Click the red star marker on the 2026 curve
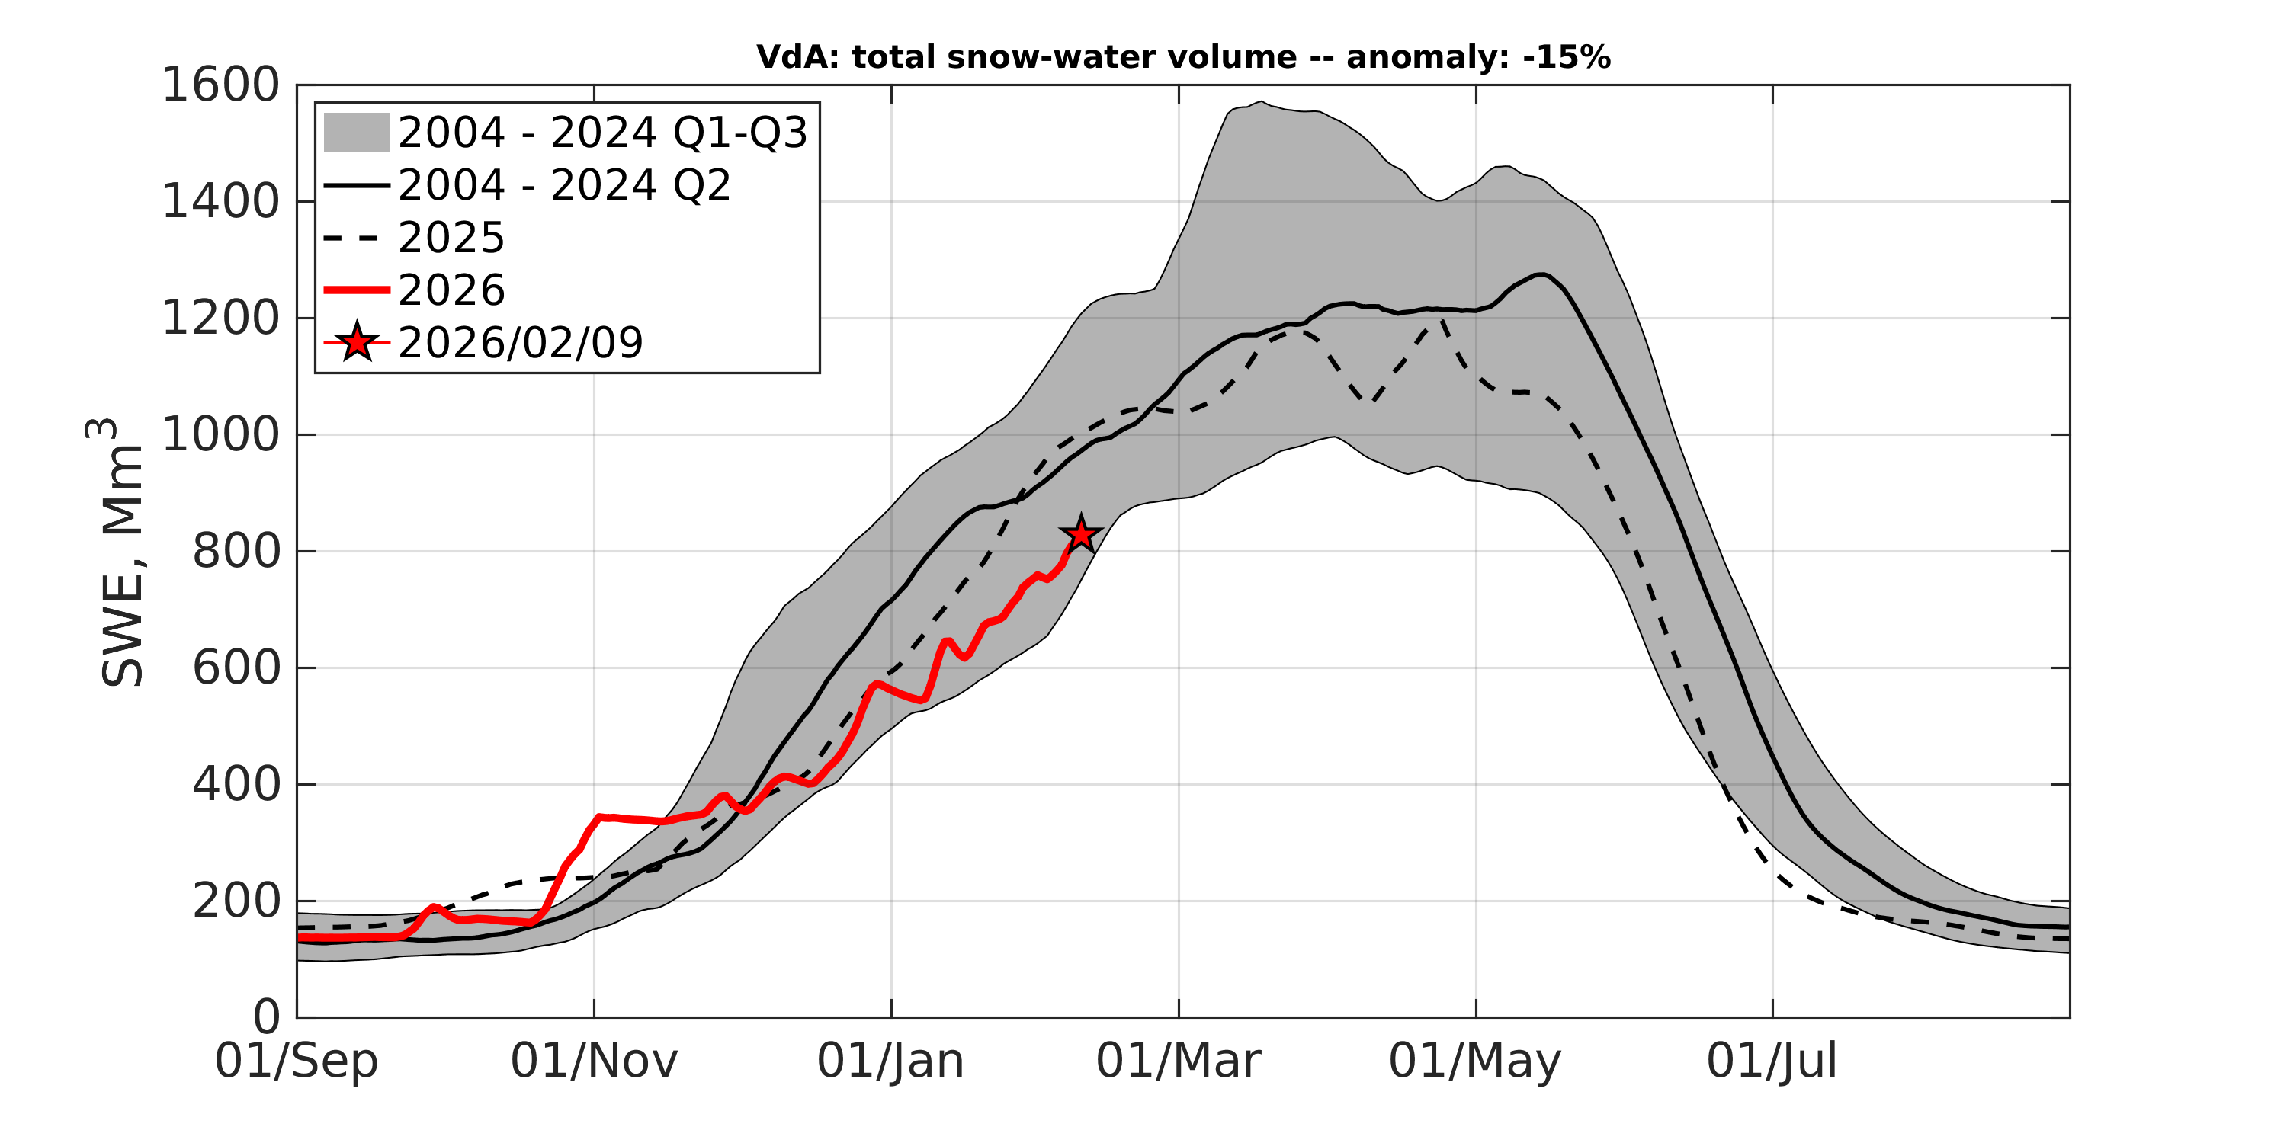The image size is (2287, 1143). pos(1080,534)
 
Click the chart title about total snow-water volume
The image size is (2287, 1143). pos(1182,58)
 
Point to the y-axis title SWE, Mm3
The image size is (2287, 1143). pos(120,552)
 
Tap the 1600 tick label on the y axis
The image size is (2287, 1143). pos(220,86)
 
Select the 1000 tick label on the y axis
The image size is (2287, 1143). pos(220,436)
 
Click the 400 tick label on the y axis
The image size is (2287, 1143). pos(236,786)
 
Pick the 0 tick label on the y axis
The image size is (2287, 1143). pos(266,1017)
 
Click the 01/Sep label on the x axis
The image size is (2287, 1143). pos(297,1061)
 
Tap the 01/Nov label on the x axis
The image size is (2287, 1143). pos(594,1061)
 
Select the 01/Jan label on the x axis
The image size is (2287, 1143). pos(890,1061)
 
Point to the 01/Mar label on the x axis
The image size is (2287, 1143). pos(1178,1061)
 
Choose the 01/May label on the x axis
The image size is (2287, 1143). pos(1474,1061)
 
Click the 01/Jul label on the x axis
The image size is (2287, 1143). pos(1772,1061)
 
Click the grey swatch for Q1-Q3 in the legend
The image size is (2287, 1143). pos(356,133)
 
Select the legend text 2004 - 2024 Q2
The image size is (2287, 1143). pos(564,185)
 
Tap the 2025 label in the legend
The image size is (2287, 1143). pos(451,238)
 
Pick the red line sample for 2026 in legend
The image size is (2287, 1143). pos(356,290)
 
